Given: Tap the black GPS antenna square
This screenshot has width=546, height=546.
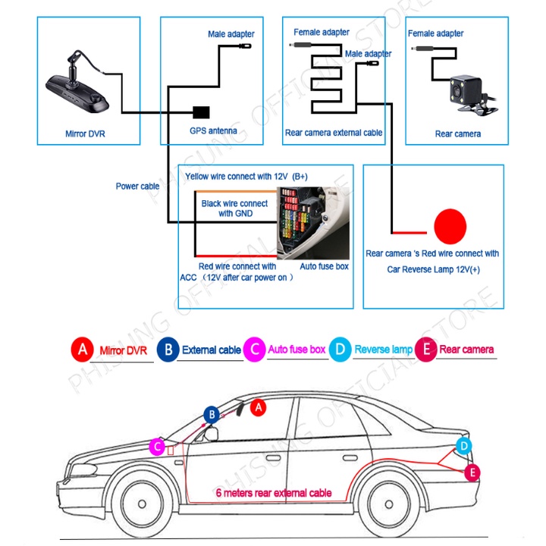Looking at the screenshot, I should coord(202,112).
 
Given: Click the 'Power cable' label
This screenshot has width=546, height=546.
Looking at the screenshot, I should coord(137,187).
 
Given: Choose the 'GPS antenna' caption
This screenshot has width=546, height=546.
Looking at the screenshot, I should coord(213,131).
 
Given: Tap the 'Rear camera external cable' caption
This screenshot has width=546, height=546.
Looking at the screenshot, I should coord(334,133).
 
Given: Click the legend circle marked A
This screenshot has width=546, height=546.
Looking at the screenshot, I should coord(82,350).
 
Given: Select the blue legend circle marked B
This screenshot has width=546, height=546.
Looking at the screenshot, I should coord(168,350).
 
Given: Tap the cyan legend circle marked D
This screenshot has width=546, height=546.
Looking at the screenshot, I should coord(341,350).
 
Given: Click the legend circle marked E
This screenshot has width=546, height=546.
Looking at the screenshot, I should coord(426,350).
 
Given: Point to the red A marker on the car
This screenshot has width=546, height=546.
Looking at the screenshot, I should coord(258,407).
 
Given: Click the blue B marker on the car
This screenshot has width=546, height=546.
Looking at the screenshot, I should coord(213,414).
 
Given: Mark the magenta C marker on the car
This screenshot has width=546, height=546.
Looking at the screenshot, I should coord(157,447).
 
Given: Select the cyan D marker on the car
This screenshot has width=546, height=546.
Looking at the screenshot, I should coord(465,446).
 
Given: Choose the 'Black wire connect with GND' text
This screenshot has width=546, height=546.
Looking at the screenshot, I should coord(234,209).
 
